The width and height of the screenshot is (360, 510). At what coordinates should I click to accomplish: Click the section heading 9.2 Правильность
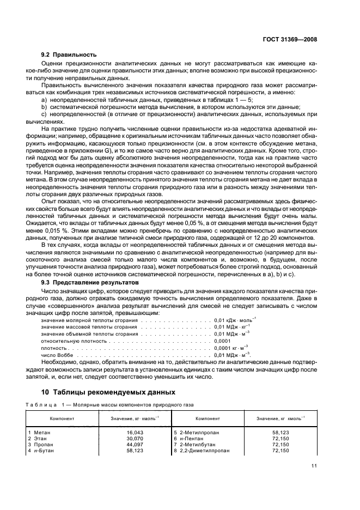[x=69, y=54]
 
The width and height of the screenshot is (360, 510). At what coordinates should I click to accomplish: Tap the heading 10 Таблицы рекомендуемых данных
[x=108, y=392]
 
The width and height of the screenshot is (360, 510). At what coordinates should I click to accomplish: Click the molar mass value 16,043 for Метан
[x=132, y=431]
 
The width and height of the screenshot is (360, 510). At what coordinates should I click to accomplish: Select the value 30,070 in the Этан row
[x=132, y=438]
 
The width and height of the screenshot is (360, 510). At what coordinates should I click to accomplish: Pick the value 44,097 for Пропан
[x=132, y=444]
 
